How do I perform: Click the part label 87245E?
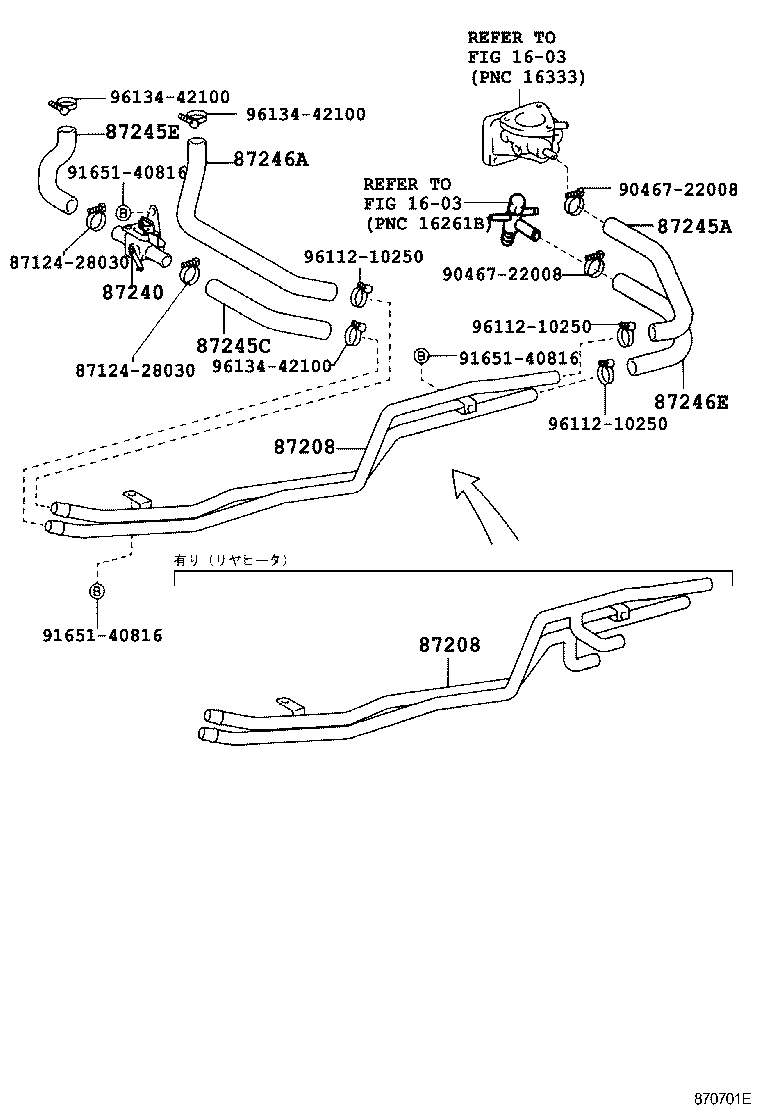point(142,132)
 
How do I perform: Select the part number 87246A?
point(271,157)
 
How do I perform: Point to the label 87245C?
point(234,346)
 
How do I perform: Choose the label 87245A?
point(694,227)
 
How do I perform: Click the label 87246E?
point(691,402)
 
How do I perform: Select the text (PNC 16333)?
point(527,77)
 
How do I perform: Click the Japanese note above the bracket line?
point(231,561)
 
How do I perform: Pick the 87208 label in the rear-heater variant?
point(449,645)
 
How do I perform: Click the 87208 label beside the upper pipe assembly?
point(304,447)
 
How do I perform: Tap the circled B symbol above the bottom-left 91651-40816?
point(97,591)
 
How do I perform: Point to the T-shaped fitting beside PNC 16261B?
point(516,216)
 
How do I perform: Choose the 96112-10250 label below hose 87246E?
point(607,424)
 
